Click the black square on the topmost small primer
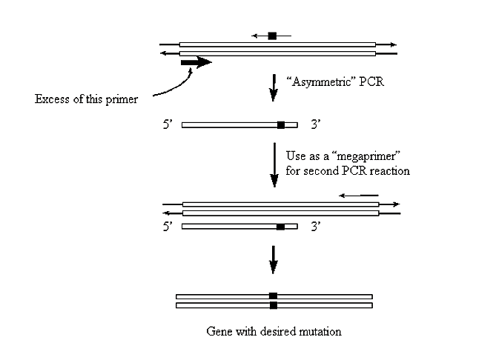click(272, 35)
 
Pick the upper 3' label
click(315, 125)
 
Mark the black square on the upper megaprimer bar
click(280, 125)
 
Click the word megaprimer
click(354, 156)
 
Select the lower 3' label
click(315, 226)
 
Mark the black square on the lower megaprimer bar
click(280, 226)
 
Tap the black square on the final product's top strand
click(273, 296)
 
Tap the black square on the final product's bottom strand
click(273, 304)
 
